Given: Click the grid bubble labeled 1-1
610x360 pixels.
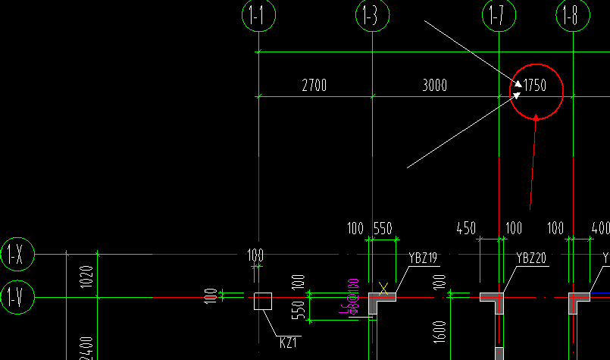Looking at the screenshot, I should click(258, 16).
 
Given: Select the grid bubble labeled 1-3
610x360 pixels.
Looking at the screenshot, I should click(371, 16).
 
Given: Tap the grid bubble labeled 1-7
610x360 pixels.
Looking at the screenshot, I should click(498, 16).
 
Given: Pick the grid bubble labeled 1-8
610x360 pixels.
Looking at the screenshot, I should click(573, 16).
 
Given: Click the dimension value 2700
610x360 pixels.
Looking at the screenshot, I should click(314, 86).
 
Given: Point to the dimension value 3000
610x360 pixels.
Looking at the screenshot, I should click(434, 86).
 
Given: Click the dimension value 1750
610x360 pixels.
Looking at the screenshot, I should click(535, 86).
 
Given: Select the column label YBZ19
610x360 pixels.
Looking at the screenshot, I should click(423, 258).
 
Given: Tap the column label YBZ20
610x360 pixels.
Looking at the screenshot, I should click(531, 258).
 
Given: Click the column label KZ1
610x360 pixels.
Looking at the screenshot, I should click(288, 343).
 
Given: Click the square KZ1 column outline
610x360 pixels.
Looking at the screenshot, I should click(262, 301).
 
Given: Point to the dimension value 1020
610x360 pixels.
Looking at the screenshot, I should click(86, 277).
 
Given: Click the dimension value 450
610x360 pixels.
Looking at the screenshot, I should click(466, 228).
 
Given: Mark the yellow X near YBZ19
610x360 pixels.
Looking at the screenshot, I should click(383, 288).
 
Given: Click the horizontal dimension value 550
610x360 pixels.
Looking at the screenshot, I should click(383, 228).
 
